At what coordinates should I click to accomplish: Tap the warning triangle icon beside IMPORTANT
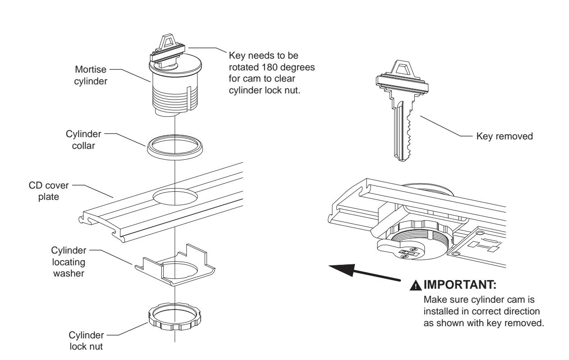(x=412, y=286)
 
